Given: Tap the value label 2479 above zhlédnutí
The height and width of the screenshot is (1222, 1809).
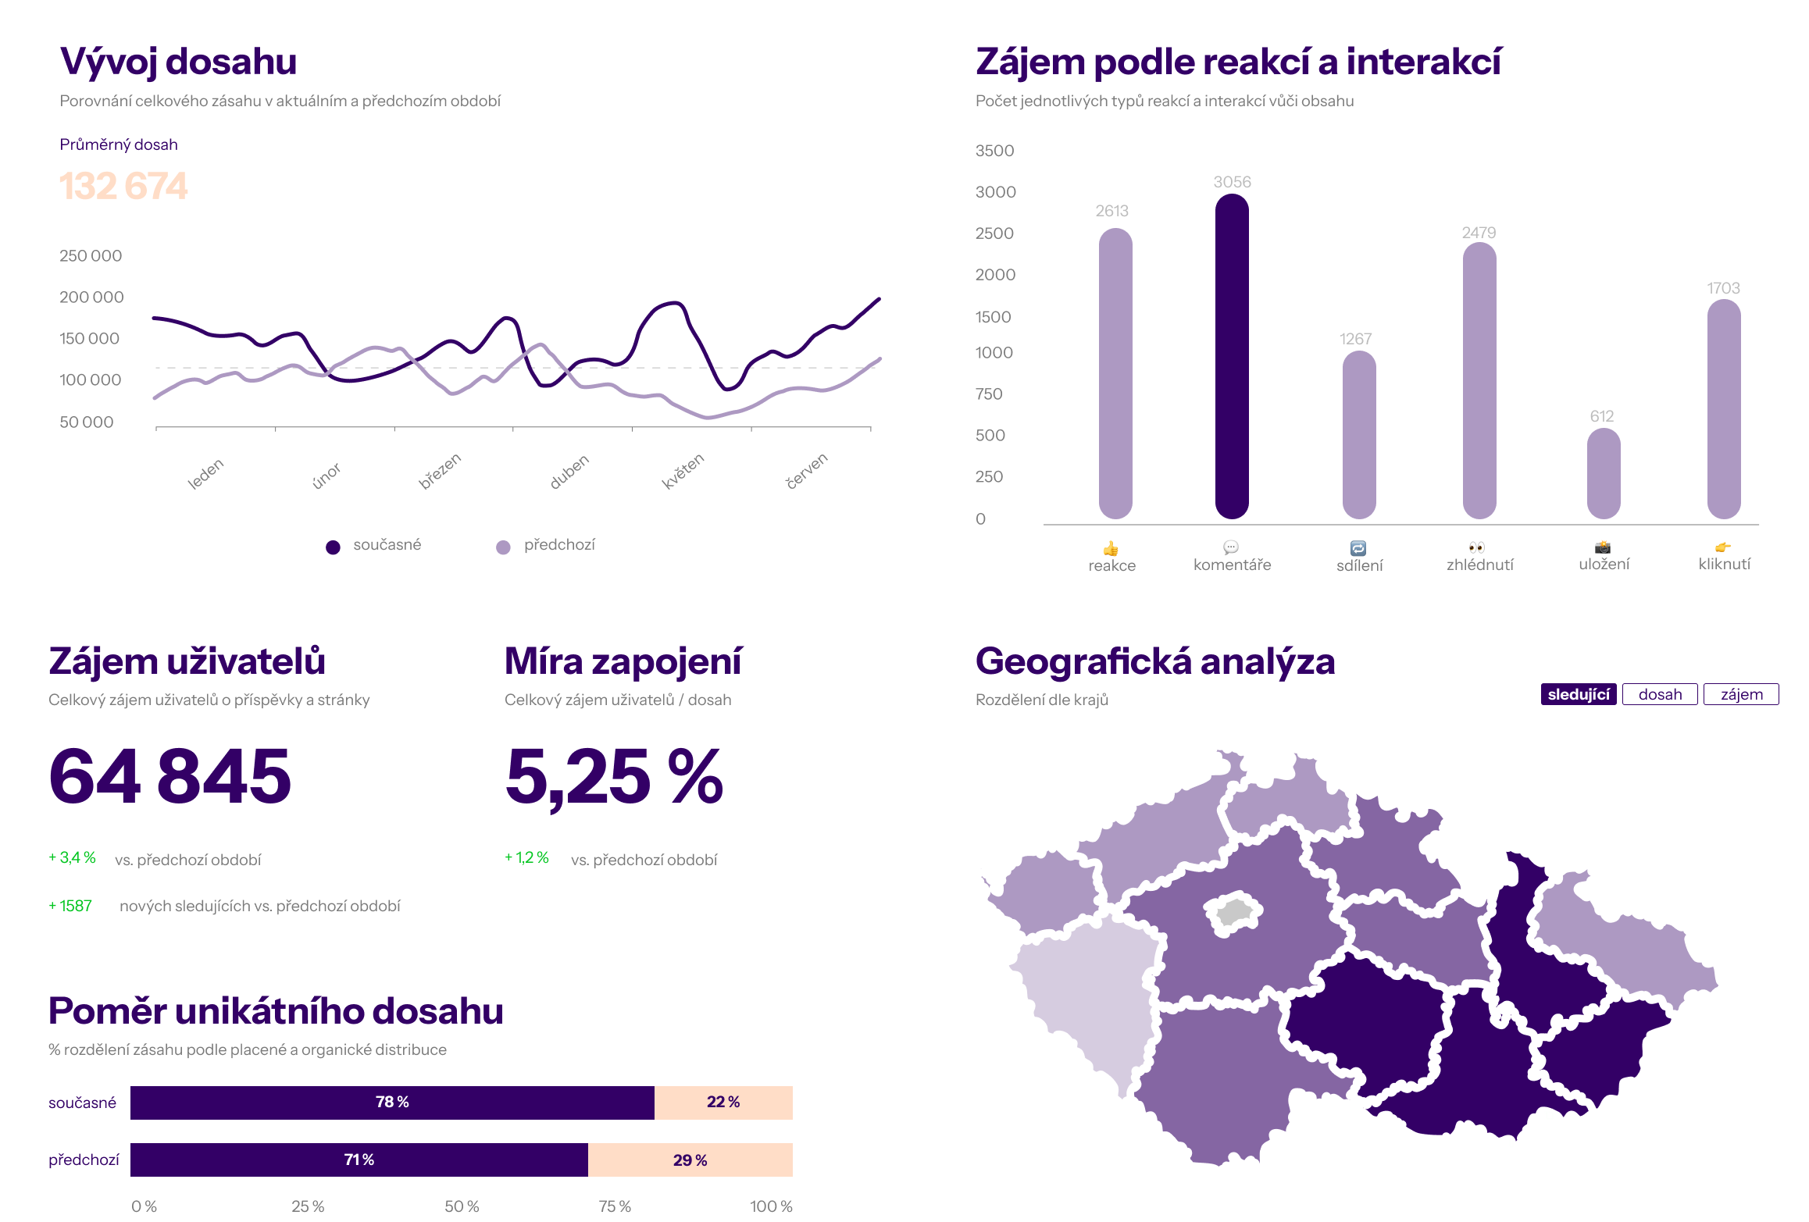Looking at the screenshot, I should [1479, 233].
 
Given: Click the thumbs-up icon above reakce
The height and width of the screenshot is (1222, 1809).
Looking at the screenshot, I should [1111, 548].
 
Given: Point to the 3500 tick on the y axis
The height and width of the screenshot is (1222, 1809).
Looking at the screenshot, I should [994, 151].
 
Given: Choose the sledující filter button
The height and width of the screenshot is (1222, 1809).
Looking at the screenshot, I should [1578, 694].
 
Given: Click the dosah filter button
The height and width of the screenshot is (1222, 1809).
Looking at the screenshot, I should [1660, 694].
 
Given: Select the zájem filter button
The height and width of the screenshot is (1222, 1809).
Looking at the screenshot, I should [1741, 694].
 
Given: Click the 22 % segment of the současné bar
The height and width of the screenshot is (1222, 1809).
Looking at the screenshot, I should [723, 1102].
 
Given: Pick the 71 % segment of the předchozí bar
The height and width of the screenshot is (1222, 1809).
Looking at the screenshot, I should [359, 1160].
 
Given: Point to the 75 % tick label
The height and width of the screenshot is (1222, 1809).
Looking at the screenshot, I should [615, 1206].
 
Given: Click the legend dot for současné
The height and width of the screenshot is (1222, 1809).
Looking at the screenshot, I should [333, 547].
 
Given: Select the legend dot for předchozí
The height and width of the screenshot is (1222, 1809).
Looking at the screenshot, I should [504, 547].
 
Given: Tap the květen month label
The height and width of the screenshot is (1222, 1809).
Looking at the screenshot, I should [683, 471].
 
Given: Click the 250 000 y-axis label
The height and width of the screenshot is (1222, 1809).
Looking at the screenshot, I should [91, 255].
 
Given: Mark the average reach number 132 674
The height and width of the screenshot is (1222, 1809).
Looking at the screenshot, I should [123, 186].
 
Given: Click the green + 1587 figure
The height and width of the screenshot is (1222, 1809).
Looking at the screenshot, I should [70, 906].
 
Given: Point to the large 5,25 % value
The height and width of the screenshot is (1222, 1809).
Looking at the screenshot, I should [614, 776].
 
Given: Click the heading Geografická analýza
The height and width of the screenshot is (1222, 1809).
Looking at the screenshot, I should [1155, 661].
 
